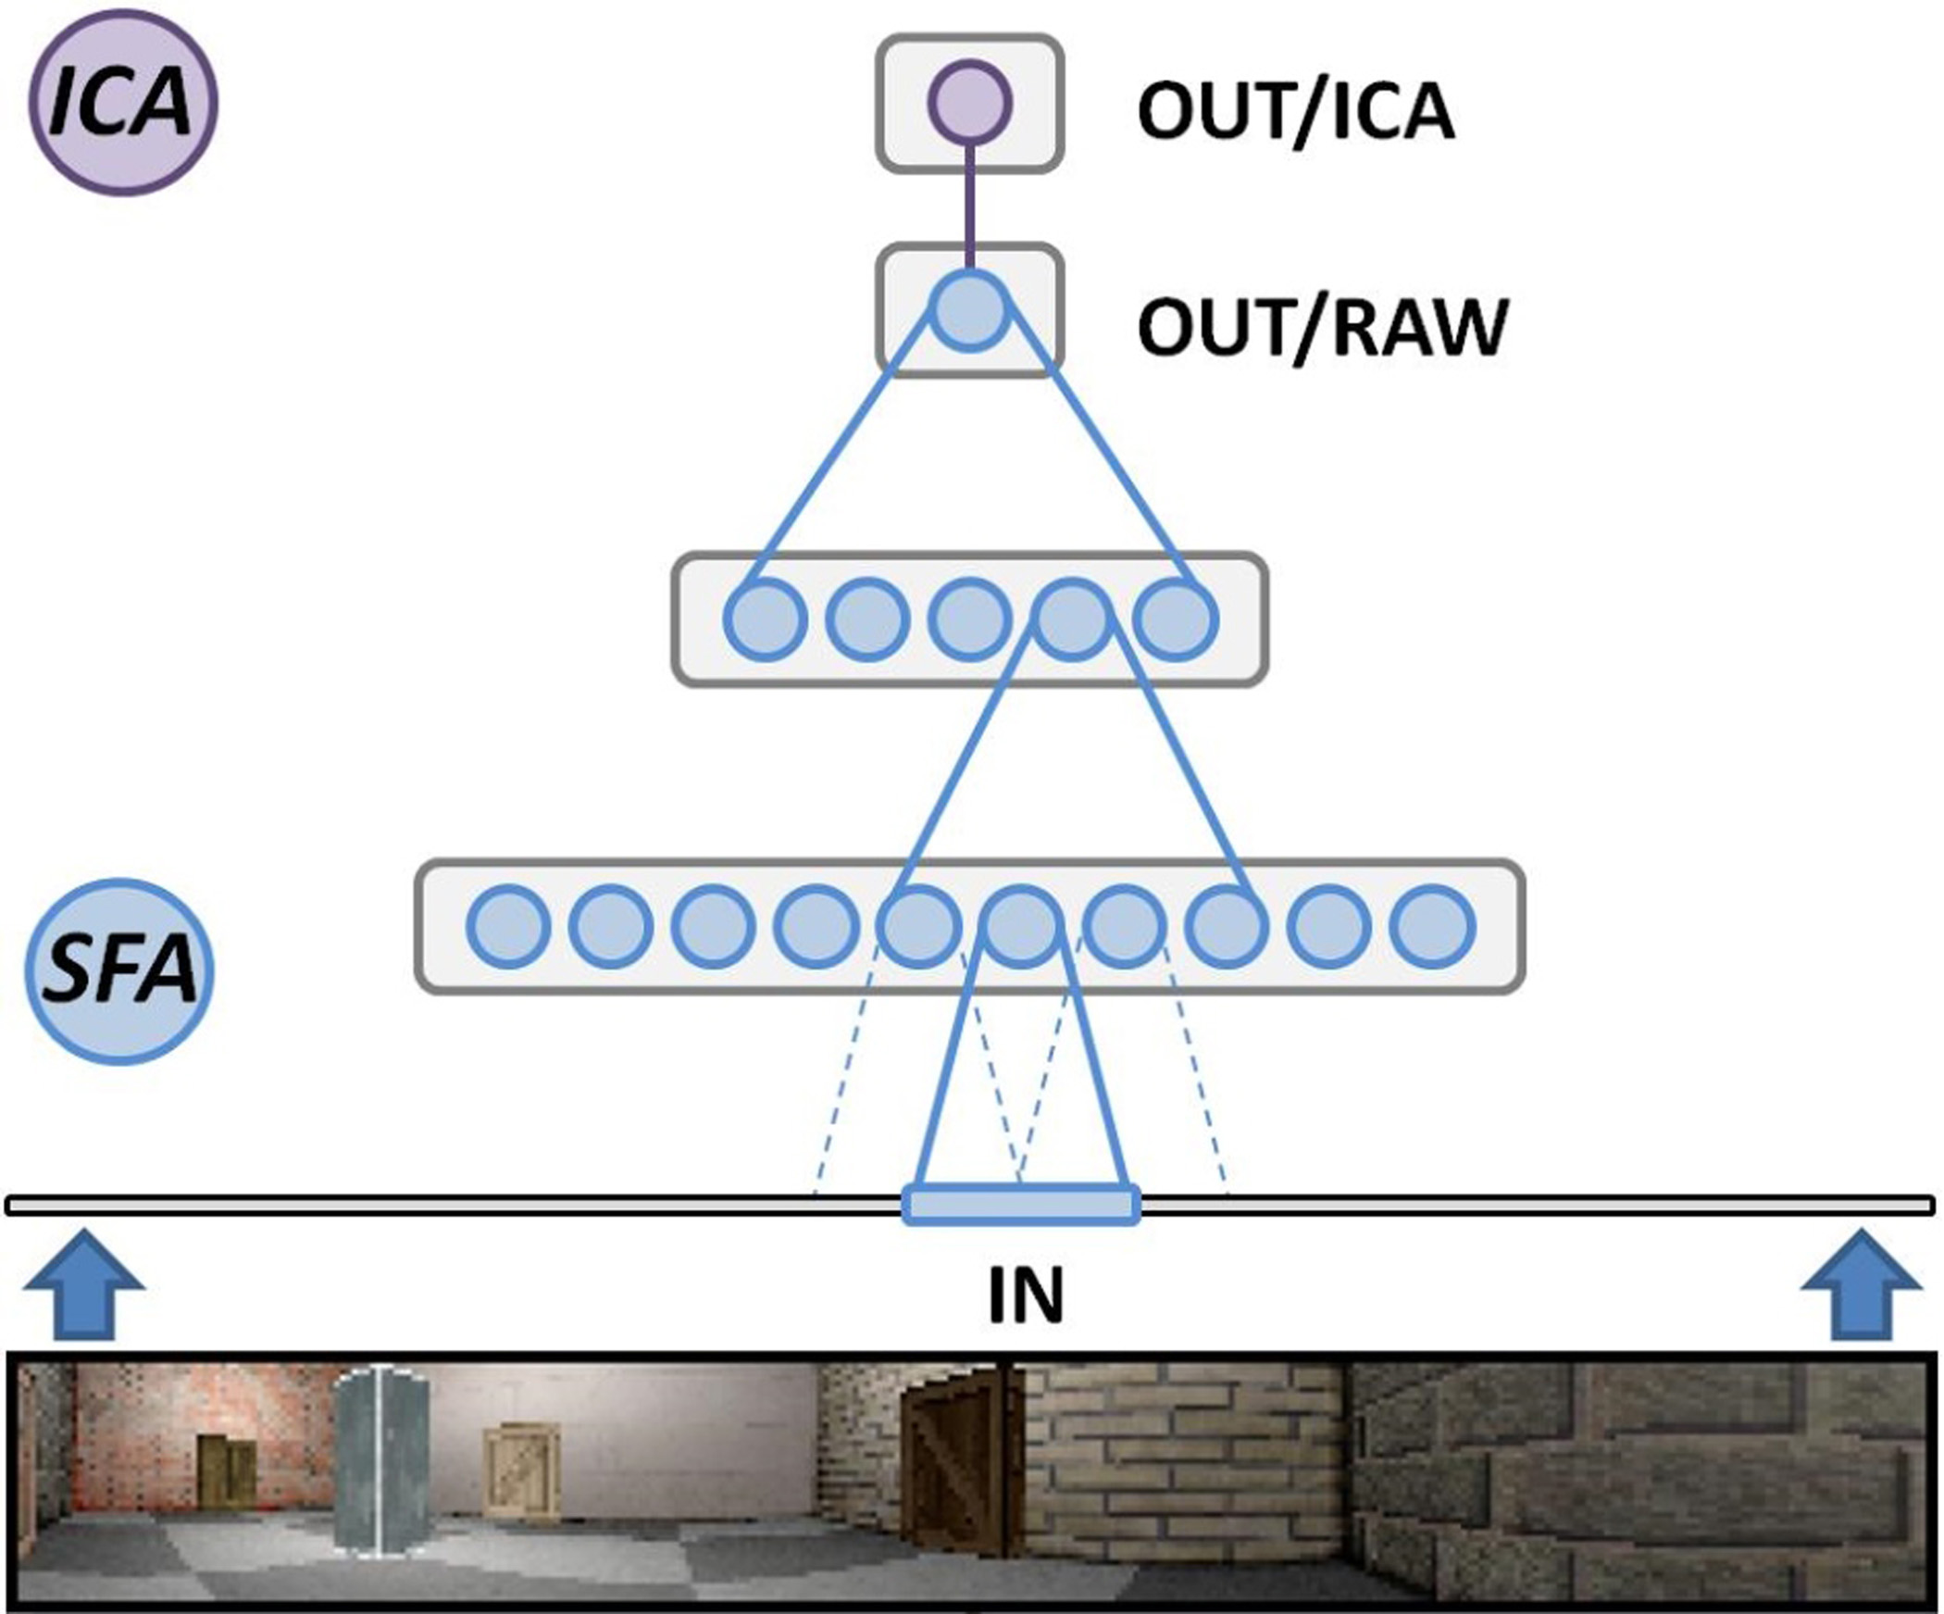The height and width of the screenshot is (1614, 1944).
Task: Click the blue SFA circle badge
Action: pyautogui.click(x=119, y=971)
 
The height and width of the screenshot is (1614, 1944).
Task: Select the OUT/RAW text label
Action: pyautogui.click(x=1322, y=327)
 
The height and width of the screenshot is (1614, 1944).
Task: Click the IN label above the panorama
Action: pyautogui.click(x=1026, y=1295)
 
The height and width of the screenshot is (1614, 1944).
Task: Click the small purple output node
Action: pyautogui.click(x=969, y=102)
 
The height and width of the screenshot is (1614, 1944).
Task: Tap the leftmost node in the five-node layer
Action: pyautogui.click(x=765, y=619)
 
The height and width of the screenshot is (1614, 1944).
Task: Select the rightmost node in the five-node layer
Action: pyautogui.click(x=1175, y=619)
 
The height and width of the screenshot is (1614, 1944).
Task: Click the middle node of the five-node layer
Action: pyautogui.click(x=969, y=619)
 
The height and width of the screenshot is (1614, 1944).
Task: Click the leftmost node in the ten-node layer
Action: pyautogui.click(x=508, y=927)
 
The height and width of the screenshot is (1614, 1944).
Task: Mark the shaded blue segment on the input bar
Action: pyautogui.click(x=1021, y=1205)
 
